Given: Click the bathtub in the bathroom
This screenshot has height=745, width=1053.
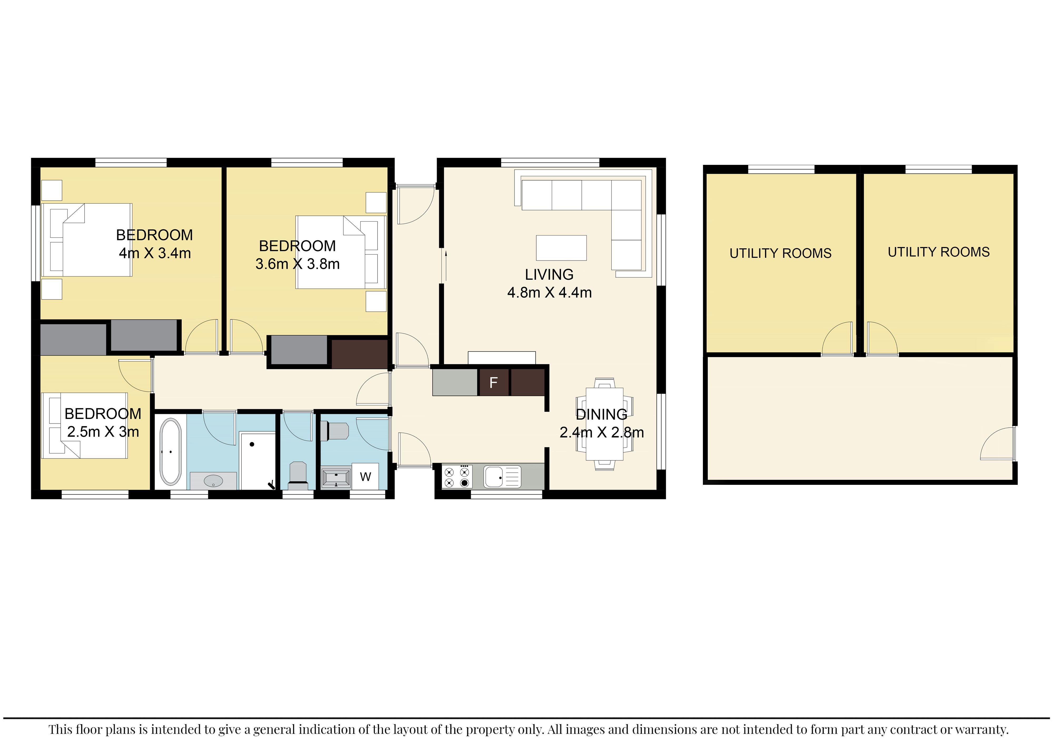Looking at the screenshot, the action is point(171,451).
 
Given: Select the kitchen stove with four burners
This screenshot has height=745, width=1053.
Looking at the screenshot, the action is point(457,476).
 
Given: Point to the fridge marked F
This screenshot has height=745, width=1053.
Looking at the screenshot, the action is point(494,382).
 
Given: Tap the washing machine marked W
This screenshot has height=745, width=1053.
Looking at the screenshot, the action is point(365,477).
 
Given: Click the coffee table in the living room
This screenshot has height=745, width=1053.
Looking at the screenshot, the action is point(561,248).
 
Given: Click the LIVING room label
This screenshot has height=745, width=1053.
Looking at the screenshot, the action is point(549,274).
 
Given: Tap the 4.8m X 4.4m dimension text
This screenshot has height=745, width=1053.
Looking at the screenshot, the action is point(549,293).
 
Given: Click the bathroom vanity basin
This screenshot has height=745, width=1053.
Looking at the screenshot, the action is point(213,481).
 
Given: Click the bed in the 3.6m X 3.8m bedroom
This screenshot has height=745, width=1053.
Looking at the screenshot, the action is point(341,252).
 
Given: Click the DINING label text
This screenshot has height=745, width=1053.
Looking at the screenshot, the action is point(601,414).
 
